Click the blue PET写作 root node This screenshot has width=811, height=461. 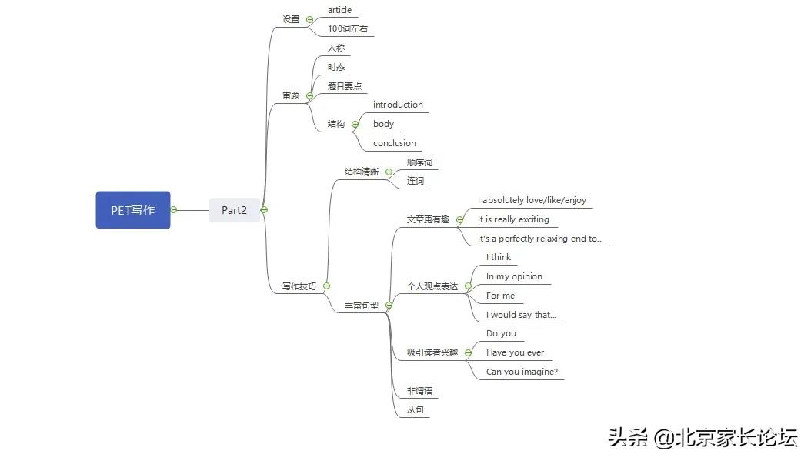[133, 210]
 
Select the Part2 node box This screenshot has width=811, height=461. [235, 210]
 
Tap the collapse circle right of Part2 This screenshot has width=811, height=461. [264, 209]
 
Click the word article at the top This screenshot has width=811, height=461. [339, 10]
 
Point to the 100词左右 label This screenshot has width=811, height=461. [348, 28]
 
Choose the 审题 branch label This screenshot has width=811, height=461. [291, 95]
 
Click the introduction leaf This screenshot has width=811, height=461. [398, 105]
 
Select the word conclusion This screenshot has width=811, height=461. [394, 143]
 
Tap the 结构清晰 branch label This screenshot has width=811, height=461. [362, 172]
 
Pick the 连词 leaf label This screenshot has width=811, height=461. [416, 181]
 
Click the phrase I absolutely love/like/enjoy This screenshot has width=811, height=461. [532, 200]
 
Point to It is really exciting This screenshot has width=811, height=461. [513, 219]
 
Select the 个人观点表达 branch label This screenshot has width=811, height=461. [432, 286]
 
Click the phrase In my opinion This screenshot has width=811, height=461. [514, 276]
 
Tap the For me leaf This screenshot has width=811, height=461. [500, 296]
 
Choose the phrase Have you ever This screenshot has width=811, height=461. [516, 352]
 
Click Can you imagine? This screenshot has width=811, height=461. [522, 372]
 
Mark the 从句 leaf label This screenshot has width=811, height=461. [416, 409]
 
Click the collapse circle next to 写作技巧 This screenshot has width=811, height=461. [326, 286]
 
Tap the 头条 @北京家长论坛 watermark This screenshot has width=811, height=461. [703, 438]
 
